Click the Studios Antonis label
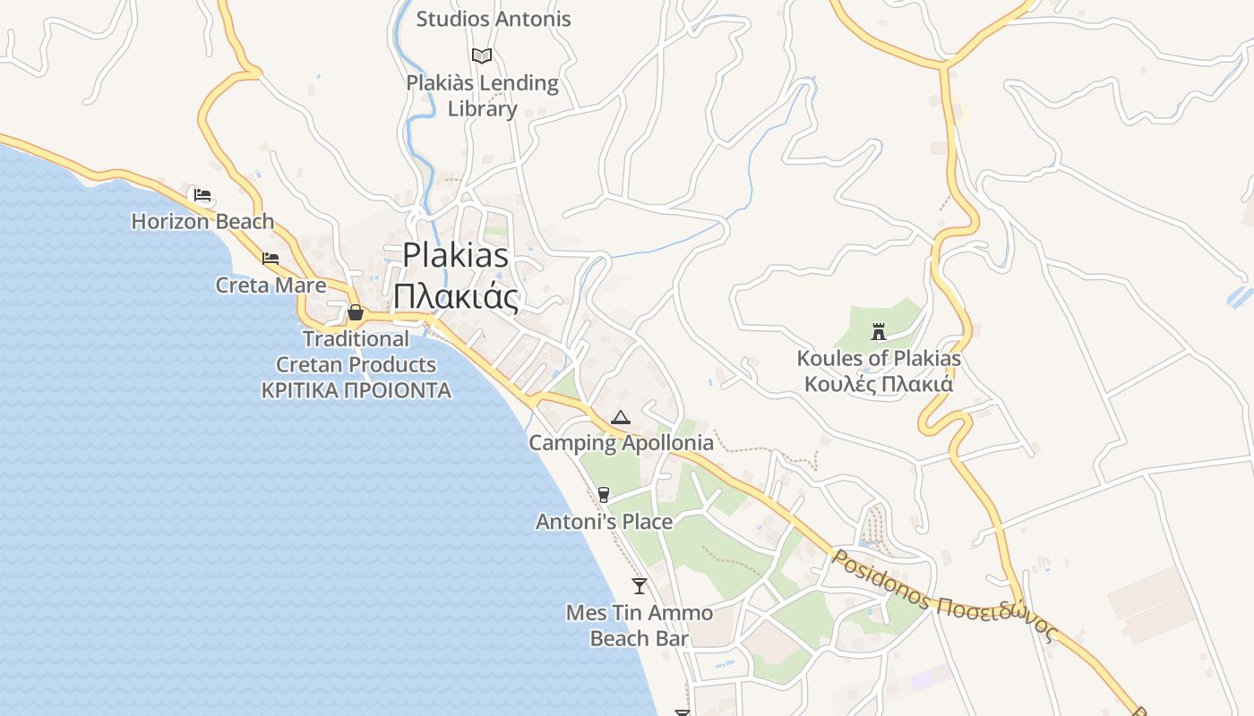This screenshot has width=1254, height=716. (493, 19)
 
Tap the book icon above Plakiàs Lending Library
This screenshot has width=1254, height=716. (482, 55)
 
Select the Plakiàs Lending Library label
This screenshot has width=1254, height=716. (482, 96)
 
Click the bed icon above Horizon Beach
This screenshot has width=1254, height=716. (202, 194)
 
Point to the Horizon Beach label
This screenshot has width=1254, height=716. (202, 221)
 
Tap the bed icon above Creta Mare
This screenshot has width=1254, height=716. (271, 259)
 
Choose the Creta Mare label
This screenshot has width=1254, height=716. (271, 286)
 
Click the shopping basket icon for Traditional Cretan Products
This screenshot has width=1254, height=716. (356, 312)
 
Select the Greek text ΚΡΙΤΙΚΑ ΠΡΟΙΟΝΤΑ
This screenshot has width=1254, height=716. (356, 391)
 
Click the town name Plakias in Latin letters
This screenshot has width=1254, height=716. (455, 255)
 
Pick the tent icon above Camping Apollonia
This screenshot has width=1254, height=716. (620, 417)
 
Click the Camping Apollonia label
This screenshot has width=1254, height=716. (621, 443)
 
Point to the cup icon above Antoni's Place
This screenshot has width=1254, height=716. (603, 495)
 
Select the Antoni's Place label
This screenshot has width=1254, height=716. (604, 521)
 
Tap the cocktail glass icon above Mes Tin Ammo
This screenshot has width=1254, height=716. (639, 586)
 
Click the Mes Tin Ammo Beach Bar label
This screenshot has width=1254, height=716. (639, 625)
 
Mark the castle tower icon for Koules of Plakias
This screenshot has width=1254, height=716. (878, 332)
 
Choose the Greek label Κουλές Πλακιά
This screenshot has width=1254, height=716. (878, 385)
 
